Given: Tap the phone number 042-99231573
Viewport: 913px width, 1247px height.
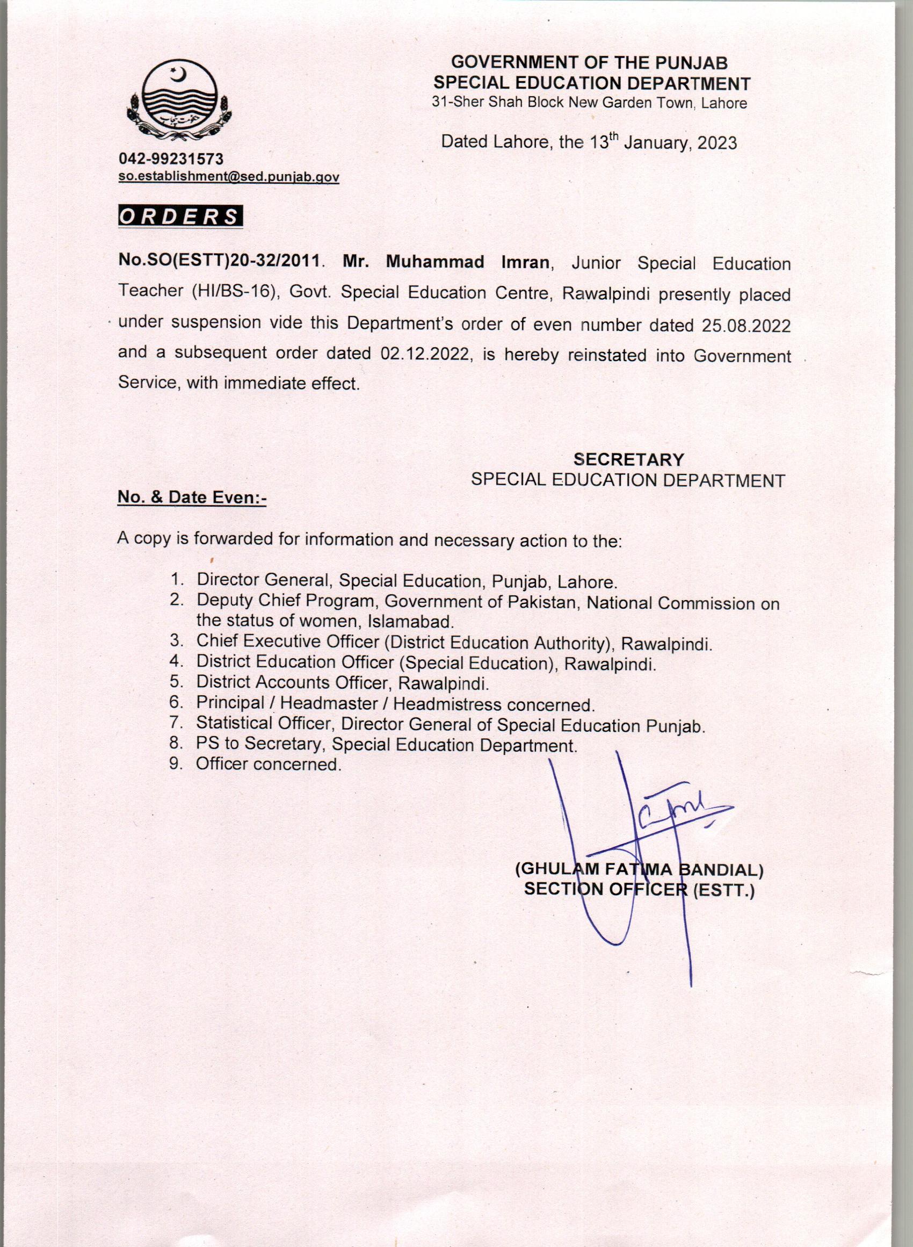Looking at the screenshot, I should [x=171, y=159].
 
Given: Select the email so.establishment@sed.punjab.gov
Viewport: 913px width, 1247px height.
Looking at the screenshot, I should [x=229, y=177].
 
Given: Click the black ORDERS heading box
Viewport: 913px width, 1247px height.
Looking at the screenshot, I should [x=180, y=216].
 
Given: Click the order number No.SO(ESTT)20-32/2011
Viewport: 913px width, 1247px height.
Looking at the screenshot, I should [x=219, y=262].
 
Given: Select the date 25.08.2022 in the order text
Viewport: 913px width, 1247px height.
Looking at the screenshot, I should [x=746, y=325].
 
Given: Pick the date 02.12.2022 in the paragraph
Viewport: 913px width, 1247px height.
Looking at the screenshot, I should [x=425, y=354].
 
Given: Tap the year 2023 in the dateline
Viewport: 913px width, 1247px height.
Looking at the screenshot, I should [x=717, y=143].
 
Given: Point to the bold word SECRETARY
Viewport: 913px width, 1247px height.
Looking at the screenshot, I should [x=628, y=460].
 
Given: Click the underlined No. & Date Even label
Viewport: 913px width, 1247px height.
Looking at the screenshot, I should [x=192, y=498].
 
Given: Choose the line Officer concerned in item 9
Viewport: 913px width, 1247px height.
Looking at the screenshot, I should [x=269, y=765].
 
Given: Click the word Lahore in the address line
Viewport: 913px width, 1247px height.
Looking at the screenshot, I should [x=724, y=103].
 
